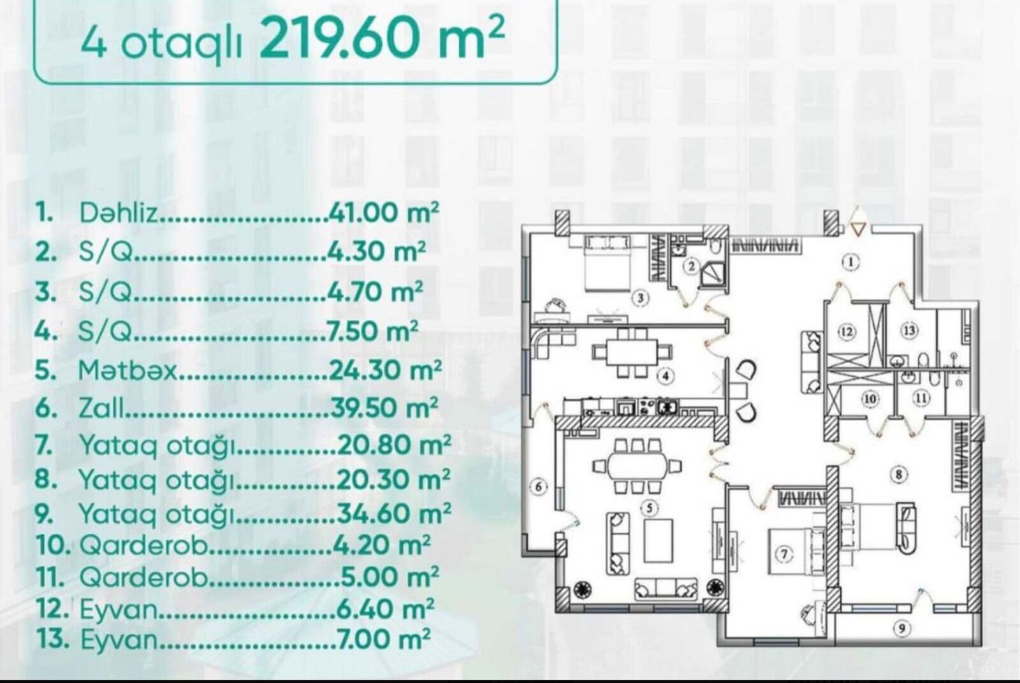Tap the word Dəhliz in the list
(x=119, y=213)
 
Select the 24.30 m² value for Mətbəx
(x=385, y=370)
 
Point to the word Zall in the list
(x=101, y=408)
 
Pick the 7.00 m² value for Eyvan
(x=383, y=639)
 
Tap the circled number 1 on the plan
(x=850, y=262)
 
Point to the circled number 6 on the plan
(x=539, y=487)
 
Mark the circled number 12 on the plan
(x=847, y=331)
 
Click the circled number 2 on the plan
(x=692, y=266)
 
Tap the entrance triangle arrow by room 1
(x=858, y=230)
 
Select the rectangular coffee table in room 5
(x=659, y=541)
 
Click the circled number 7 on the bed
(x=784, y=554)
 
